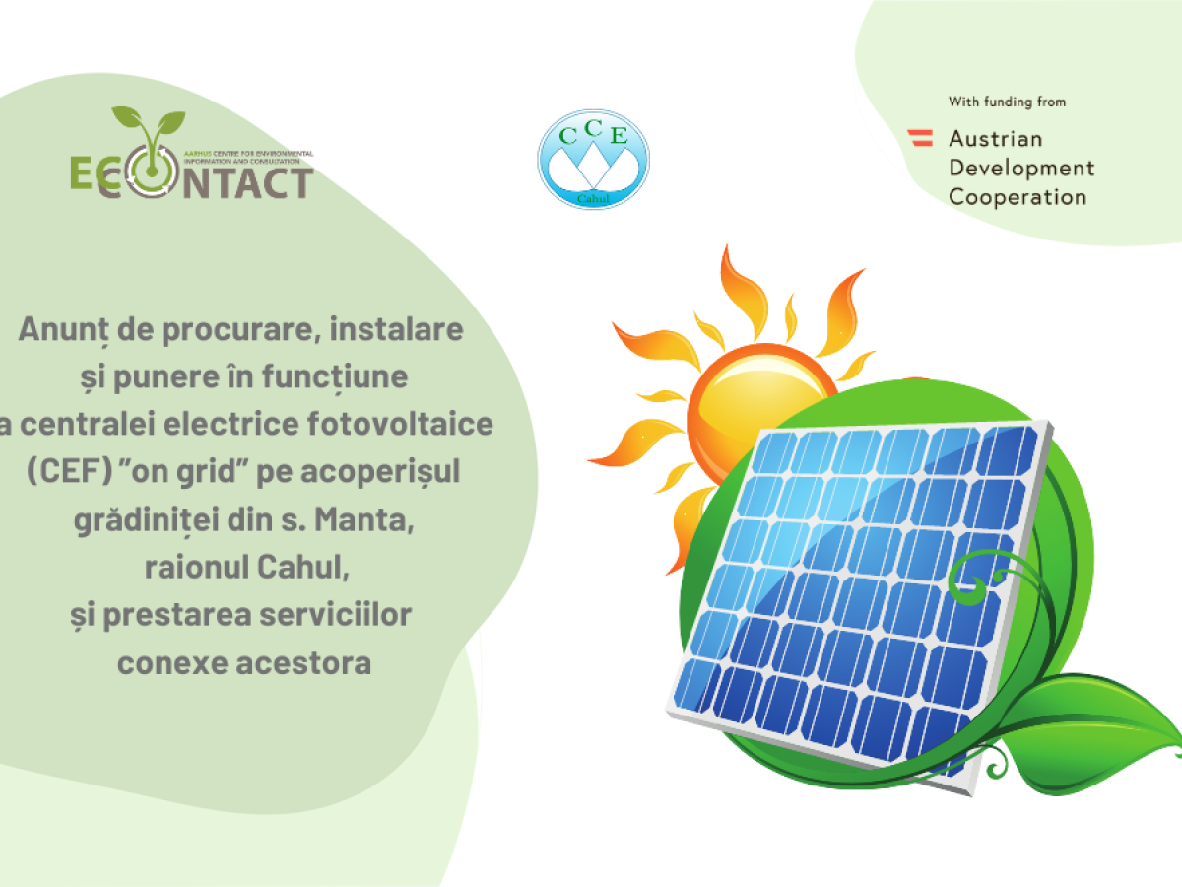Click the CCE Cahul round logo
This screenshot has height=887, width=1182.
[593, 159]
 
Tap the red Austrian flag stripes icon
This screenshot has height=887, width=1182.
[920, 138]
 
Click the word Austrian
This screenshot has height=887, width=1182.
[996, 139]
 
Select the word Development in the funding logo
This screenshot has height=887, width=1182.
[1021, 168]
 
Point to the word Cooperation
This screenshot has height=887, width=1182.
[1018, 198]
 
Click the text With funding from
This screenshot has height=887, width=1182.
[1007, 102]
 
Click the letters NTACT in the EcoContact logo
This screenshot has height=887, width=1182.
[248, 183]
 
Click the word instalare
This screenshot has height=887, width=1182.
[396, 329]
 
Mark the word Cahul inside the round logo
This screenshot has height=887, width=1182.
[593, 199]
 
